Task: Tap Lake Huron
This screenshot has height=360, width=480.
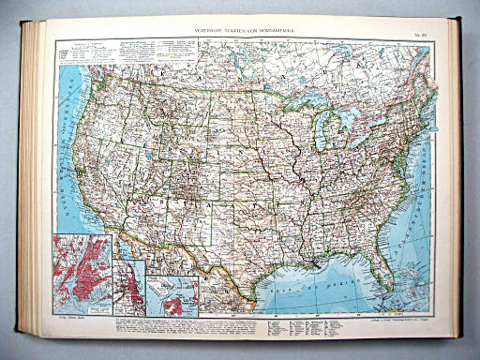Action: (344, 105)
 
